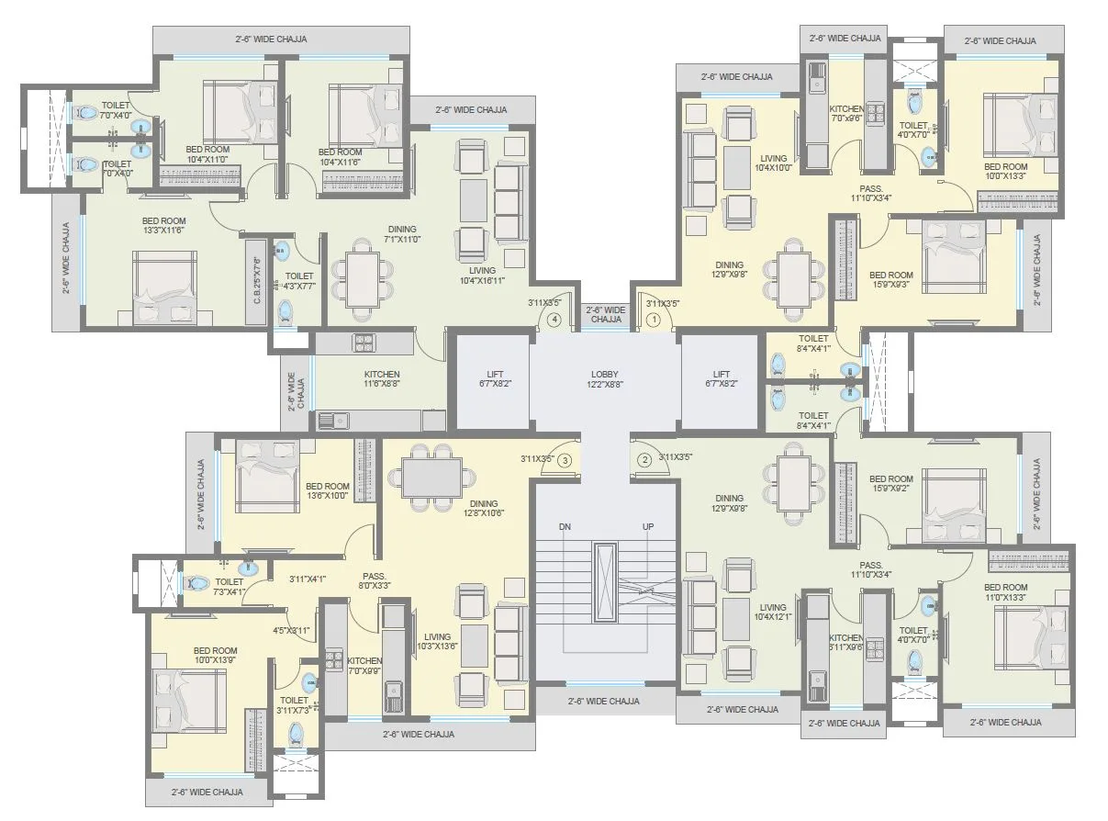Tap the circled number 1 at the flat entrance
pos(654,320)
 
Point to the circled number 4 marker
pos(554,320)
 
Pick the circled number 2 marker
pos(645,459)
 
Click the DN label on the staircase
pos(565,526)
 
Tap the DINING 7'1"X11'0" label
pos(401,234)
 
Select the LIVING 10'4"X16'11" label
pos(482,276)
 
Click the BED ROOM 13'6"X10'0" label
pos(327,491)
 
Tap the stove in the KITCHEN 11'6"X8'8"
pos(364,343)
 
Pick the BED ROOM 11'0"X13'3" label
pos(1005,593)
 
